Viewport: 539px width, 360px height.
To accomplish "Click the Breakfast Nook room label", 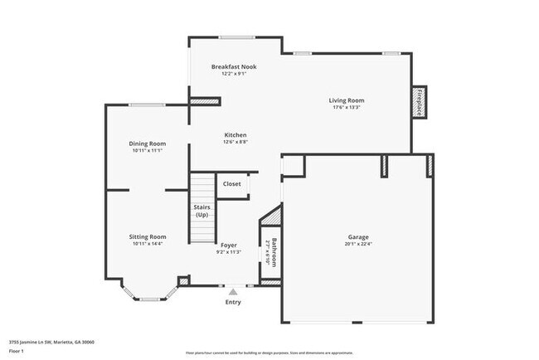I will tap(233, 66).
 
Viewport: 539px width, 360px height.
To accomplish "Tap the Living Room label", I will tap(347, 100).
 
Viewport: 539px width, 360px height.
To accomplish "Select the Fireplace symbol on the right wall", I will tap(421, 103).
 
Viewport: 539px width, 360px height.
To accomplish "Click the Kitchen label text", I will tap(236, 135).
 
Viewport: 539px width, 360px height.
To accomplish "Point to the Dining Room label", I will tap(147, 144).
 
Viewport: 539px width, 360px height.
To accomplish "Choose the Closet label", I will tap(232, 183).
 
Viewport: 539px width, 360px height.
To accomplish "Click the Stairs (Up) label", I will tap(202, 211).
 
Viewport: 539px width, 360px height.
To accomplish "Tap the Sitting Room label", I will tap(147, 236).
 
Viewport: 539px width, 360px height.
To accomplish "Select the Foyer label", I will tap(229, 245).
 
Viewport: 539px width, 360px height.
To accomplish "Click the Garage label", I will tap(358, 236).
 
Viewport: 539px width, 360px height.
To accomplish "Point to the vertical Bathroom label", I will tap(274, 251).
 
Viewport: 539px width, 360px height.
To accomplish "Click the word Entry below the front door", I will tap(234, 302).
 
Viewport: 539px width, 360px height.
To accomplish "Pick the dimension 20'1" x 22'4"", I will tap(358, 244).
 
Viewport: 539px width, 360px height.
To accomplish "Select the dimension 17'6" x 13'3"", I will tap(347, 107).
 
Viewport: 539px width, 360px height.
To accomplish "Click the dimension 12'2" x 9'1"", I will tap(233, 74).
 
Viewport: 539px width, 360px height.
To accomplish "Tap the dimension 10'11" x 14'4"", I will tap(147, 244).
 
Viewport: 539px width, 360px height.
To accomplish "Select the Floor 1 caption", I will tap(17, 351).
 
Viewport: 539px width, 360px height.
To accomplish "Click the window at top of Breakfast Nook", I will tap(236, 36).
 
